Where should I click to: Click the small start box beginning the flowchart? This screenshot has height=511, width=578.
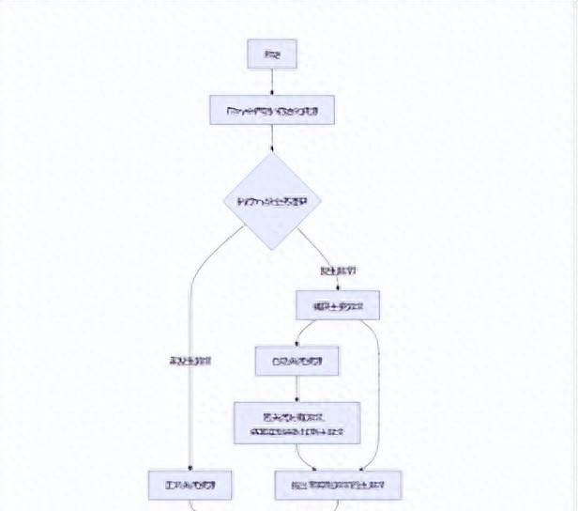pos(271,54)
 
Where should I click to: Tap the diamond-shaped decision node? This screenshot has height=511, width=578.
pos(272,201)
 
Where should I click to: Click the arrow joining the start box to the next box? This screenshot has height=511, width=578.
pos(271,83)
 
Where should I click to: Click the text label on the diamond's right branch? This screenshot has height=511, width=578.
pos(338,271)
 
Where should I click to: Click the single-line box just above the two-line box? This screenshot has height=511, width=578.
pos(297,361)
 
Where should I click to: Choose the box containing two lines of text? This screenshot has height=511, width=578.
pos(297,423)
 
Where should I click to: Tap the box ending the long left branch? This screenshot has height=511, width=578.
pos(190,485)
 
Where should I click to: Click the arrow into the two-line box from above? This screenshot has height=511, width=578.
pos(297,389)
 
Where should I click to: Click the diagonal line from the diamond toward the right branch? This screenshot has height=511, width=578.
pos(314,246)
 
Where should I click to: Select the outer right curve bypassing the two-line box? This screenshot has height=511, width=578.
pos(379,395)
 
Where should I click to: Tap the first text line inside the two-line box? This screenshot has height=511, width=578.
pos(297,415)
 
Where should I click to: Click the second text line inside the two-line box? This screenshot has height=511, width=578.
pos(297,430)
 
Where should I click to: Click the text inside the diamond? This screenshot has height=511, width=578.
pos(272,201)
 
